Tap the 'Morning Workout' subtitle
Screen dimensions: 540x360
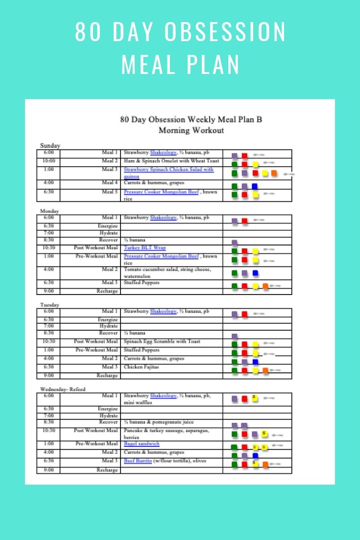[x=191, y=130]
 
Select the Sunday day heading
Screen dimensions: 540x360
[x=50, y=146]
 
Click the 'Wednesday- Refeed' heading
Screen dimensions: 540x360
[x=63, y=389]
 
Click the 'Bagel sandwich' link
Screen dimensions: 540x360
[x=142, y=444]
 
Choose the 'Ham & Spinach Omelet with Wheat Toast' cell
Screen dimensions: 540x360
[x=171, y=161]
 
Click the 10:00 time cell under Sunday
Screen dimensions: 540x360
[x=48, y=161]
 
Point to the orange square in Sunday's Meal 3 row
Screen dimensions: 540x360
[x=274, y=173]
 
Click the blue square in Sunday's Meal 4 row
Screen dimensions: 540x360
[x=255, y=186]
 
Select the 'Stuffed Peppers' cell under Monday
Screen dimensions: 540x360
[x=142, y=283]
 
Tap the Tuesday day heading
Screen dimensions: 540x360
[x=49, y=305]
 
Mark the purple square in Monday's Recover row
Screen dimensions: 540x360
[x=235, y=243]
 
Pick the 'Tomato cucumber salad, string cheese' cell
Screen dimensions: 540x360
[x=167, y=270]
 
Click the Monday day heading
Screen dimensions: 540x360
[x=49, y=211]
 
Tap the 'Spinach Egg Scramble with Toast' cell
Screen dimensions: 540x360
[x=162, y=342]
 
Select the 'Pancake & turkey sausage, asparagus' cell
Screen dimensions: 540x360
[x=167, y=431]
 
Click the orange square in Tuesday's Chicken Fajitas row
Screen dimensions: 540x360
[x=265, y=371]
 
